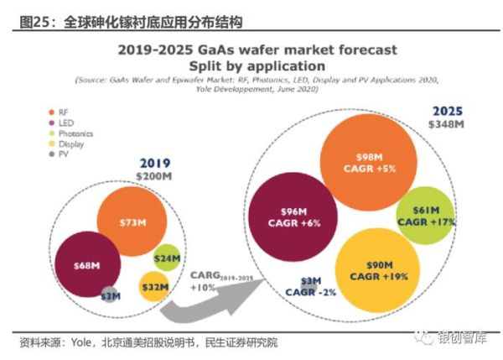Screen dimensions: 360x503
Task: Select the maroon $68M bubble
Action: pyautogui.click(x=84, y=265)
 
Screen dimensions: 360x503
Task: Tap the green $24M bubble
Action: pyautogui.click(x=168, y=258)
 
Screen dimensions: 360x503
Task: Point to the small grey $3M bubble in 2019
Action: pyautogui.click(x=110, y=295)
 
